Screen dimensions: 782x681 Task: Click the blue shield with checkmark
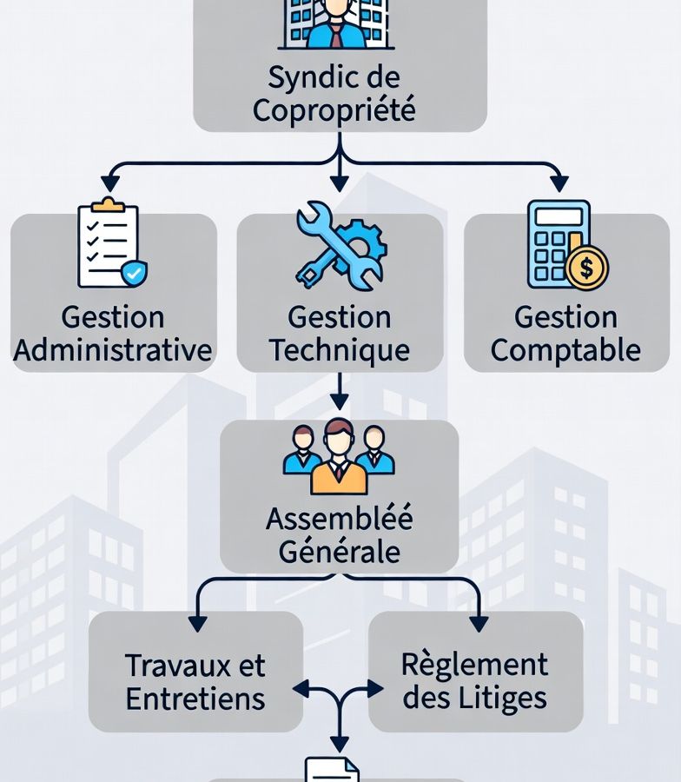coord(132,273)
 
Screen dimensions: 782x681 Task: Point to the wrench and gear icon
coord(340,246)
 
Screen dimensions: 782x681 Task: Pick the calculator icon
coord(558,243)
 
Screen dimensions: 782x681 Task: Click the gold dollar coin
coord(586,268)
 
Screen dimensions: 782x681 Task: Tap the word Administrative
coord(113,350)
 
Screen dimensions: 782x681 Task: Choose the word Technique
coord(340,350)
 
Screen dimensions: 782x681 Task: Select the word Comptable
coord(565,350)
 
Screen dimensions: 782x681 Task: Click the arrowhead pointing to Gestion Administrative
coord(109,182)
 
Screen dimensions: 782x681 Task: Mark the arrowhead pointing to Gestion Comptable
coord(559,182)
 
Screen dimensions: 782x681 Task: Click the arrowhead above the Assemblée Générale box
coord(340,401)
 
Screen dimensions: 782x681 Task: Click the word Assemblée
coord(340,518)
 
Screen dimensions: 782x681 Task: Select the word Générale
coord(340,551)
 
